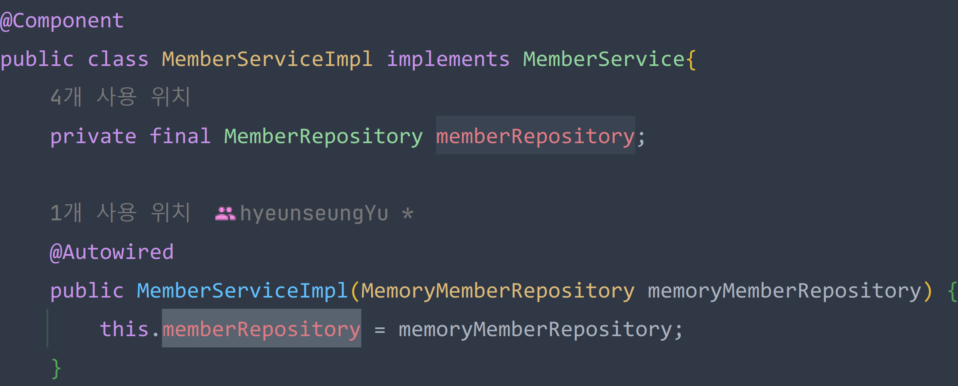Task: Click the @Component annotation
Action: (62, 21)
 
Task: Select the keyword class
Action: (118, 60)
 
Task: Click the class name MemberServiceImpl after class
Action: (267, 60)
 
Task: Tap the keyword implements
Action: (448, 60)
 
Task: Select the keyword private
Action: (93, 137)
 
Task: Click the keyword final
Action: (180, 137)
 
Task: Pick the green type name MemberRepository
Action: (323, 137)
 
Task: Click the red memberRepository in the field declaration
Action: (535, 137)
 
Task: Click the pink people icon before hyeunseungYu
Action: (225, 213)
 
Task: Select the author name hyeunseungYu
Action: (314, 214)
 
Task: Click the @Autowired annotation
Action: (112, 253)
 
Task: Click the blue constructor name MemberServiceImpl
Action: (242, 291)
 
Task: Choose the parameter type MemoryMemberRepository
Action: (498, 291)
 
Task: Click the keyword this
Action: (124, 329)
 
